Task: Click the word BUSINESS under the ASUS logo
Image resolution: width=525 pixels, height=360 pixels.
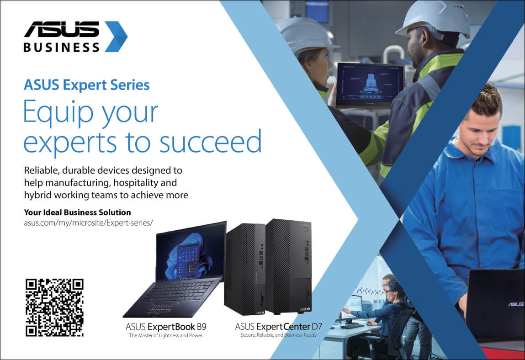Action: (x=62, y=47)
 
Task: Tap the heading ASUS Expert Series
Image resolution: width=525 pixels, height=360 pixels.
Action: (x=87, y=85)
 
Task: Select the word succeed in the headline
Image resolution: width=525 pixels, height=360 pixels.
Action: (x=210, y=141)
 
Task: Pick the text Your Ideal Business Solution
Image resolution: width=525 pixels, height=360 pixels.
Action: (x=77, y=212)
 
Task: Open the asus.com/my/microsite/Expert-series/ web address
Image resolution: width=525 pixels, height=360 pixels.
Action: (x=88, y=222)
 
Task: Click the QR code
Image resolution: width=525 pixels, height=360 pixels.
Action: (x=54, y=307)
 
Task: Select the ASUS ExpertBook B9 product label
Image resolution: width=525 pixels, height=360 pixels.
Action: (x=166, y=327)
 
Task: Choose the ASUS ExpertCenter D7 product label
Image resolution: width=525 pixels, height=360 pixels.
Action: (x=279, y=327)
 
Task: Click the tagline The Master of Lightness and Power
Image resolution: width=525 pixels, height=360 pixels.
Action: (x=166, y=335)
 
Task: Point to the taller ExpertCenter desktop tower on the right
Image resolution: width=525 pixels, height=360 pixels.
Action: (x=289, y=266)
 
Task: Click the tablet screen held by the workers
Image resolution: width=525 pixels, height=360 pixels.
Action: (x=370, y=83)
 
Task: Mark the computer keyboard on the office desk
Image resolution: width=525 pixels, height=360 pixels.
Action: (x=352, y=326)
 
